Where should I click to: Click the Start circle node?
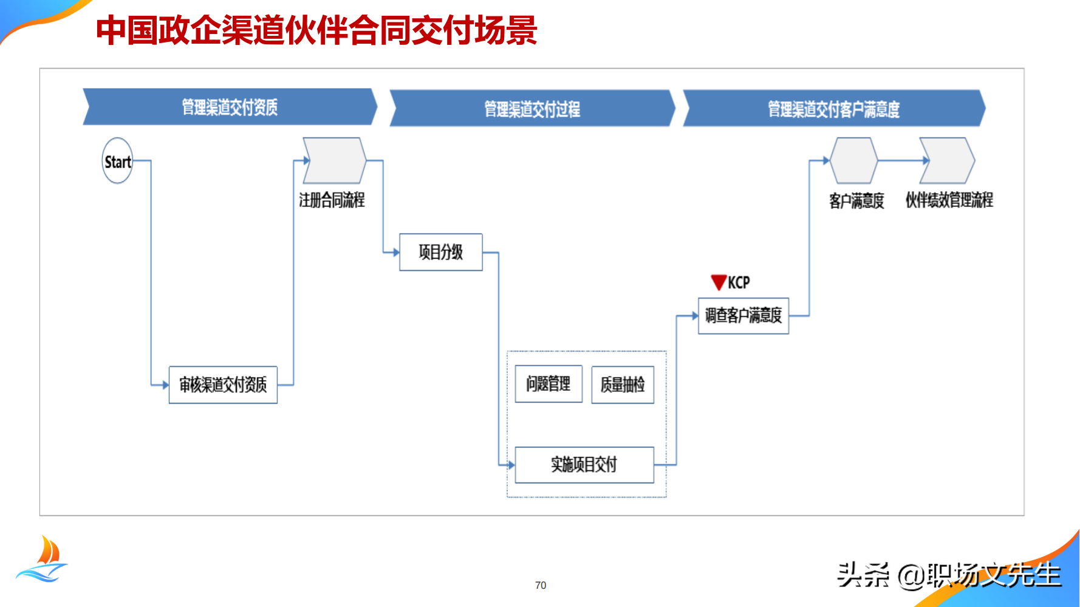pos(117,161)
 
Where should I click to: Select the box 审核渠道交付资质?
pos(223,385)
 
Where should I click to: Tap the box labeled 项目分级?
pos(440,252)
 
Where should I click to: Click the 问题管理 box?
pos(549,384)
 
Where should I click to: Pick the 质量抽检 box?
pos(623,384)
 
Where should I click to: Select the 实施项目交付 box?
pos(584,465)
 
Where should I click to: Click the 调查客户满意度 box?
pos(743,316)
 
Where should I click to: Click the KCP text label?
pos(739,283)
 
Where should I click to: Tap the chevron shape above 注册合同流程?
pos(334,161)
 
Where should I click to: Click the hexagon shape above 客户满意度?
pos(853,161)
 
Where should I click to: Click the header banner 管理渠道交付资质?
pos(230,107)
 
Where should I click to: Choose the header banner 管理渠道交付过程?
pos(532,109)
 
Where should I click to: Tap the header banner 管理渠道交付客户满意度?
pos(833,109)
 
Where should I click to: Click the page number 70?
pos(541,585)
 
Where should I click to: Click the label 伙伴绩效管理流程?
pos(949,200)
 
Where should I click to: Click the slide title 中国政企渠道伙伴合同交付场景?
pos(316,30)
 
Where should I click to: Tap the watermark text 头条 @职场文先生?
pos(949,575)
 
